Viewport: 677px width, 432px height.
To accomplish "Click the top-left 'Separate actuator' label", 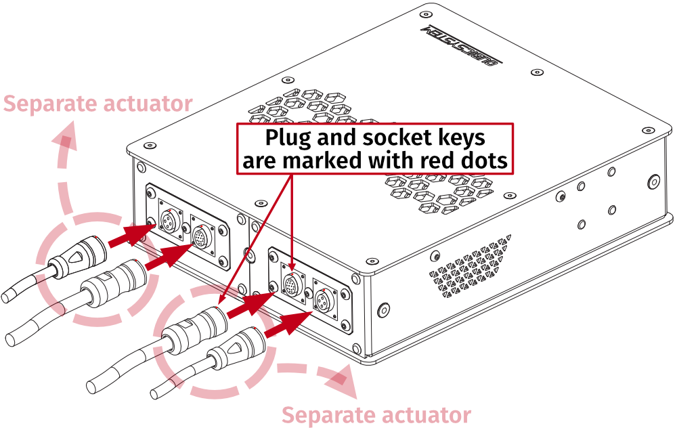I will coord(98,104).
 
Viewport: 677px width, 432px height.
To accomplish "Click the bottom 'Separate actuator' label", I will coord(376,414).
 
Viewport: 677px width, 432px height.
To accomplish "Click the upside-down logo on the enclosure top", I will coord(460,47).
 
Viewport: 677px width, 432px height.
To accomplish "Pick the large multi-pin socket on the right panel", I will coord(291,285).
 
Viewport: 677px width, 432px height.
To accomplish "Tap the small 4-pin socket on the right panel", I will coord(325,302).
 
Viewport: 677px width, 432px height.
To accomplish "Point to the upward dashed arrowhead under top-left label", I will coord(66,138).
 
